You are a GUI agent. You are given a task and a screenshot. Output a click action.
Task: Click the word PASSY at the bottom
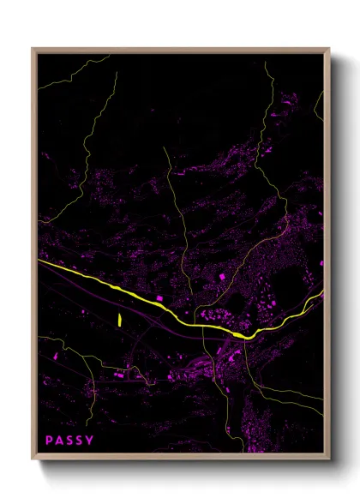coord(70,441)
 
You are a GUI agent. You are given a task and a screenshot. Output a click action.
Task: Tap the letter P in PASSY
coord(51,441)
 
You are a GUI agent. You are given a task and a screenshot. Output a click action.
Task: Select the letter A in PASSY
coord(60,441)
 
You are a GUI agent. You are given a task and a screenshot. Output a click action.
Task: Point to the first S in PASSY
coord(70,441)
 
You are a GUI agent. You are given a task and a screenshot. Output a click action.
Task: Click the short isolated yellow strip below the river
coord(118,321)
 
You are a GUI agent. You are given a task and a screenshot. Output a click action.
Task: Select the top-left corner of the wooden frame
coord(33,49)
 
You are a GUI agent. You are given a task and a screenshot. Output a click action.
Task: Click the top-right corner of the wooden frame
coord(328,49)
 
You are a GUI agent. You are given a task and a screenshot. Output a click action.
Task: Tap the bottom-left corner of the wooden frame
coord(33,459)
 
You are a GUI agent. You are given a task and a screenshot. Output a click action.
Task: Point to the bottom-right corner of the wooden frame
coord(328,459)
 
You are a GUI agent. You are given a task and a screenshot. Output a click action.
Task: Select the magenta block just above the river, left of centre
coord(159,297)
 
